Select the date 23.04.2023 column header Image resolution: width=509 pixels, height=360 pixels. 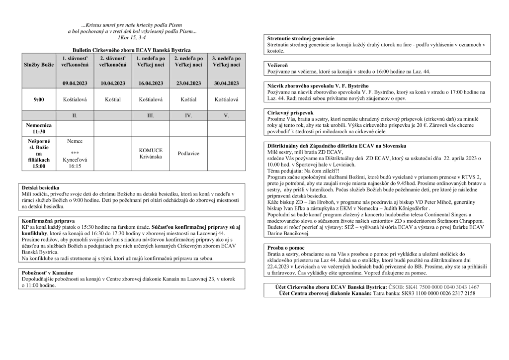[188, 83]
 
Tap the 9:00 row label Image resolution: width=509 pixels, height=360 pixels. [39, 100]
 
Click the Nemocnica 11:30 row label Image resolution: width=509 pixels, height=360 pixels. [39, 129]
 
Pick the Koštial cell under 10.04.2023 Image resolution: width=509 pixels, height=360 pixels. [113, 100]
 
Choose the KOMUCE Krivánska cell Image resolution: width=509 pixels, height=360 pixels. [151, 153]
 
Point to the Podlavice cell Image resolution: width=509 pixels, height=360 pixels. [188, 153]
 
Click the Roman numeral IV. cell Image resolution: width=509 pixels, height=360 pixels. [188, 115]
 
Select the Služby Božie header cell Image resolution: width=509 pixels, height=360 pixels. [39, 65]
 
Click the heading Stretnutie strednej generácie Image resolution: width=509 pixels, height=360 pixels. [300, 39]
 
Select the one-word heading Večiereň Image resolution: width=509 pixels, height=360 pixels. [278, 65]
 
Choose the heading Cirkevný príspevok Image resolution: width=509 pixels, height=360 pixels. [290, 112]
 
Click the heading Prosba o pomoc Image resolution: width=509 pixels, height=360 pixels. [286, 247]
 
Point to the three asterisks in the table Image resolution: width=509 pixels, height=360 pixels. [75, 153]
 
